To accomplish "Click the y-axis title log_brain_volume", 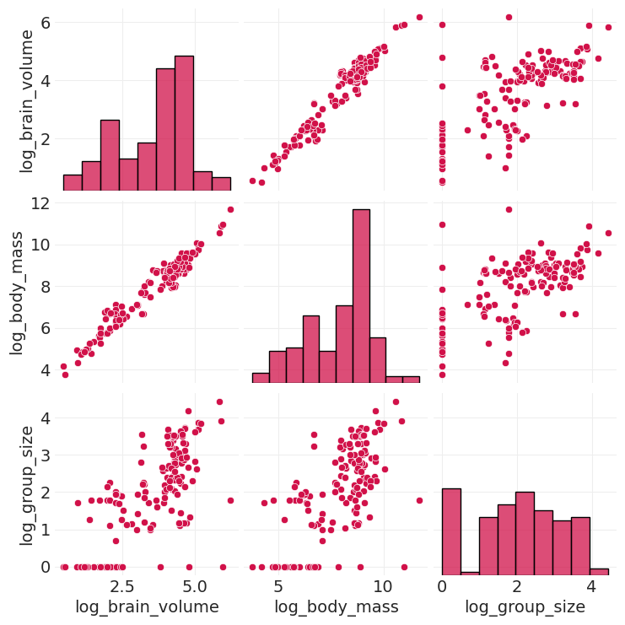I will point(27,100).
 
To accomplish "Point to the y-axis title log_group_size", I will point(27,485).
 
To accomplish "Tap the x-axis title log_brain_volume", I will point(147,606).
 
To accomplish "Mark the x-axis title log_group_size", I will point(525,606).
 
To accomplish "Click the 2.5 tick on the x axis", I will point(121,586).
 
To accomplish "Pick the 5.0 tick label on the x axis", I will point(195,586).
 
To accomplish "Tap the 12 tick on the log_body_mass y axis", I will point(39,203).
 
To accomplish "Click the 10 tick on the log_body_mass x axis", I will point(383,586).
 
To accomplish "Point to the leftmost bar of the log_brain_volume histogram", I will point(73,184).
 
